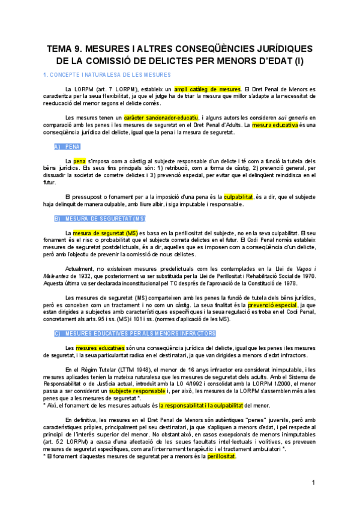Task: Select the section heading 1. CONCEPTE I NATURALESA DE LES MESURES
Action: coord(103,75)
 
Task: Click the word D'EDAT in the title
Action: coord(260,61)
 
